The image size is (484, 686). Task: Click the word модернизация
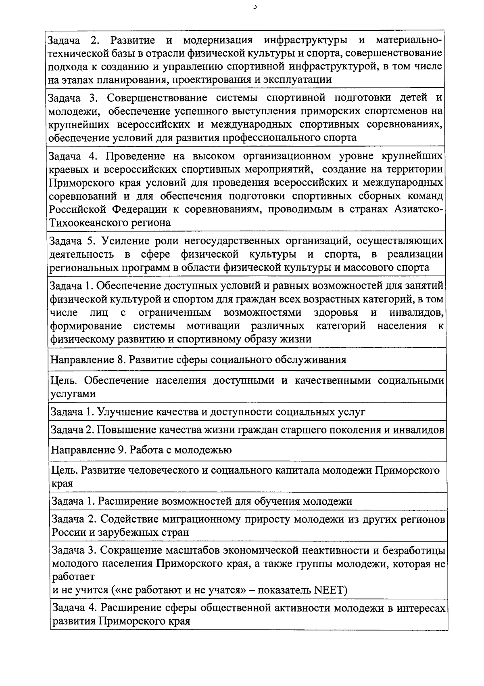pos(218,40)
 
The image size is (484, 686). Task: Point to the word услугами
pos(73,394)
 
